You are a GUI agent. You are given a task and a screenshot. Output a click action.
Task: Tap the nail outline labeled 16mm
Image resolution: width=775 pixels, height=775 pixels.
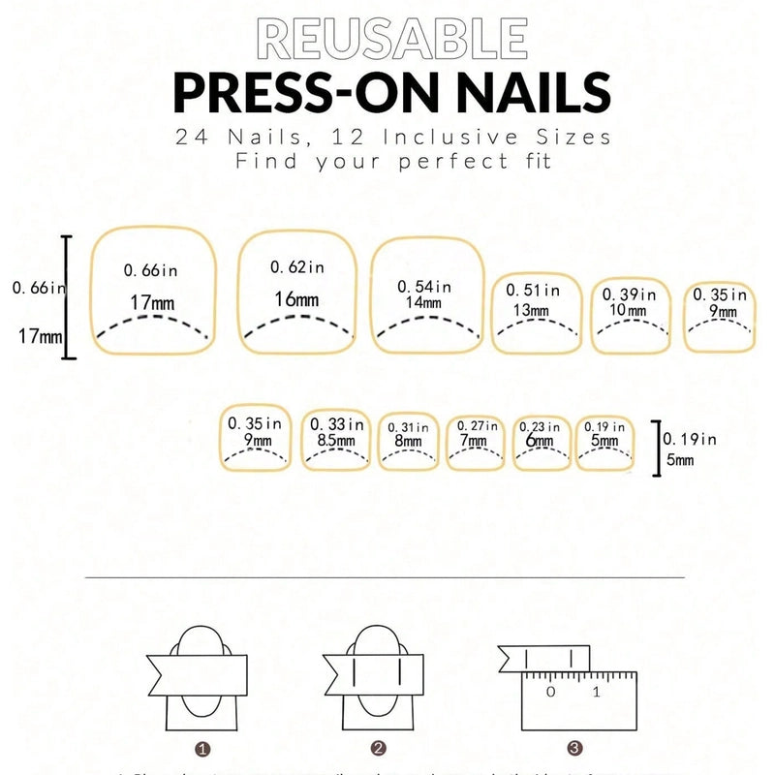click(296, 292)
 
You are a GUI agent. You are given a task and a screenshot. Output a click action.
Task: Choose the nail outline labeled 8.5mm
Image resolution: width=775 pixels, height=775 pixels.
click(337, 440)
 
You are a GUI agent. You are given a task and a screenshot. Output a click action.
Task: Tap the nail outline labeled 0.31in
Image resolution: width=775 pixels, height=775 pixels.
click(408, 443)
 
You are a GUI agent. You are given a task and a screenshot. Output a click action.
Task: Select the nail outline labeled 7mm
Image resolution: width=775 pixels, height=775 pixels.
click(475, 443)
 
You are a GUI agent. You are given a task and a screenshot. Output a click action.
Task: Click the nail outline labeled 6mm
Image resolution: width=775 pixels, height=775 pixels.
click(541, 443)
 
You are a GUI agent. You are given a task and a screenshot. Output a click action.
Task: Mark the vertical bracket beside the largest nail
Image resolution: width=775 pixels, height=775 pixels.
click(67, 296)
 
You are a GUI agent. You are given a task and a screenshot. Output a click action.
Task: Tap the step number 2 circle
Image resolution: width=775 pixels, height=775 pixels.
click(379, 748)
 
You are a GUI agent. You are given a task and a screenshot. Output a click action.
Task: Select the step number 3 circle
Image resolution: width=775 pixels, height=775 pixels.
click(574, 748)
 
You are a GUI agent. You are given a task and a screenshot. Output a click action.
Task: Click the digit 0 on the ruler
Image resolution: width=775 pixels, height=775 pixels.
click(550, 692)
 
